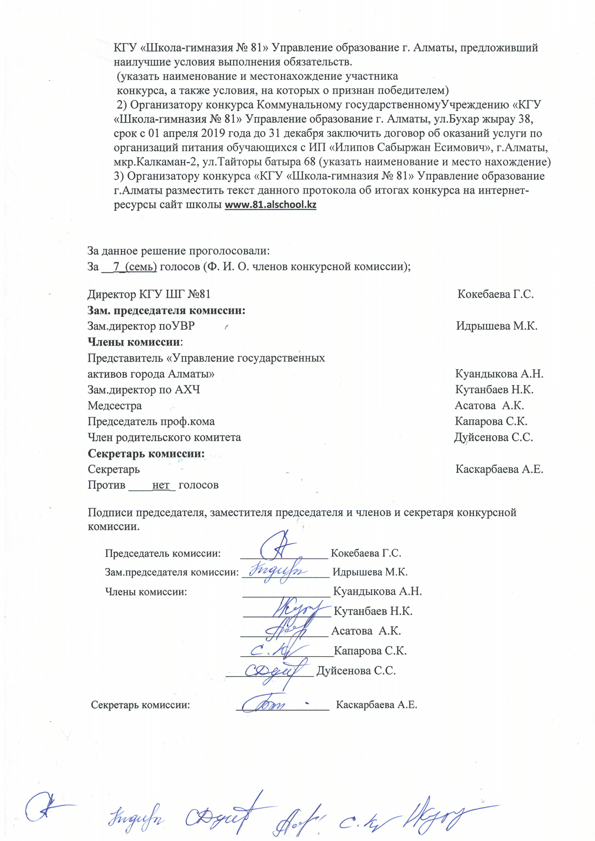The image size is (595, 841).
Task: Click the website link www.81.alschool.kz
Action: click(x=271, y=204)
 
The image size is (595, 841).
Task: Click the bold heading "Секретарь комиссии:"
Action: click(x=146, y=453)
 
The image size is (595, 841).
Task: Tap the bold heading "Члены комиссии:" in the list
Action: click(x=135, y=342)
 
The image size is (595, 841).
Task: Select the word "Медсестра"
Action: click(x=114, y=406)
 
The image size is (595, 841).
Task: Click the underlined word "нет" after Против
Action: click(x=160, y=485)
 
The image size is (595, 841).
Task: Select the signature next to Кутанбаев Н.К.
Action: click(x=297, y=609)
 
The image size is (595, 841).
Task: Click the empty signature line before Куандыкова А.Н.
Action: click(x=286, y=592)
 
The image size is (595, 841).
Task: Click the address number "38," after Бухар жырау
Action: click(x=525, y=119)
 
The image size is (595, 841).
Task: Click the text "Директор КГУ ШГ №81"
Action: click(x=149, y=294)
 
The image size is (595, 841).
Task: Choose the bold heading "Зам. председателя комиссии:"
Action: click(x=166, y=311)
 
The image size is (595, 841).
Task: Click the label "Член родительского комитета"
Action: click(x=164, y=437)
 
